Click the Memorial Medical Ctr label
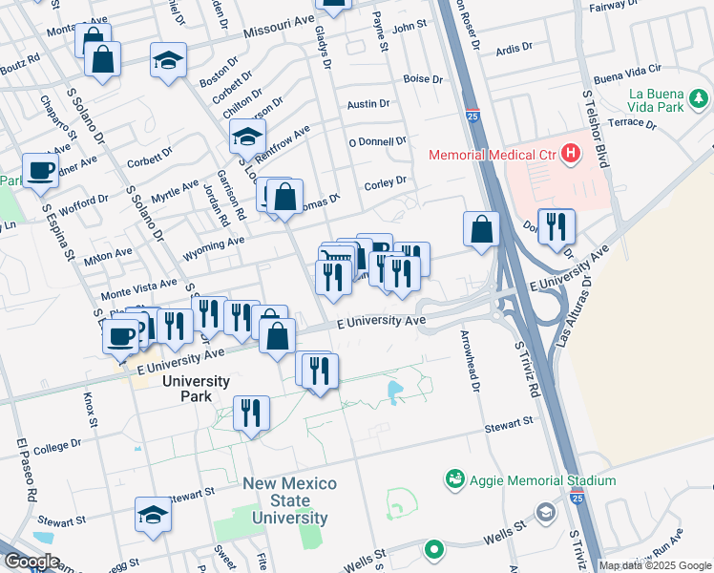pos(491,154)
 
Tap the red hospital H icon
pos(571,153)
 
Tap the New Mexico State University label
pos(289,500)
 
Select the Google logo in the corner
pos(32,562)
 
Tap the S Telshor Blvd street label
pos(595,130)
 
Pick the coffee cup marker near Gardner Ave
pos(40,170)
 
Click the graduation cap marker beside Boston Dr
pos(168,60)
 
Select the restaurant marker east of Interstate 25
pos(556,226)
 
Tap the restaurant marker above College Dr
pos(250,413)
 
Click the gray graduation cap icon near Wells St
pos(545,513)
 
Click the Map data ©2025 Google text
pos(656,565)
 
